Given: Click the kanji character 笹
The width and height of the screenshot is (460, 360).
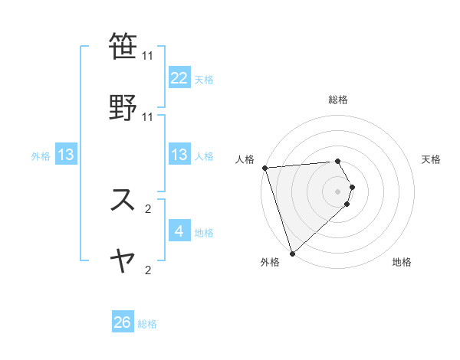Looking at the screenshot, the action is click(x=123, y=45).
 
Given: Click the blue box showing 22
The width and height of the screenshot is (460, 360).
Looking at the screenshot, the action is click(x=179, y=77).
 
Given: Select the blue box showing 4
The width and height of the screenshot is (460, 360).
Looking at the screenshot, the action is click(x=179, y=231).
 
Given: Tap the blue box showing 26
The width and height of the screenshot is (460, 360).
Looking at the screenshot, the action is click(x=123, y=322).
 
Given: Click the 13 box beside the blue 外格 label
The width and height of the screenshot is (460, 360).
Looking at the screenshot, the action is click(x=66, y=155).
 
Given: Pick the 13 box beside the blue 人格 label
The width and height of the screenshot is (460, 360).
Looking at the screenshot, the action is click(x=179, y=155).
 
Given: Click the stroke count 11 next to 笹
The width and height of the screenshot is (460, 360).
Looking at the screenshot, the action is click(x=148, y=56).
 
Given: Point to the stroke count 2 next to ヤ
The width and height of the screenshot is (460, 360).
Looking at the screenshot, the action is click(x=148, y=270).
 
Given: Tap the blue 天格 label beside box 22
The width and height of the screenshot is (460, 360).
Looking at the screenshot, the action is click(x=204, y=79).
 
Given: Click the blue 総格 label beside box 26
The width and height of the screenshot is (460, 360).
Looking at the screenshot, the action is click(x=147, y=324).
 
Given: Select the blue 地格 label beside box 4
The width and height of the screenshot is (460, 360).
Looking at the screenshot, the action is click(x=204, y=232).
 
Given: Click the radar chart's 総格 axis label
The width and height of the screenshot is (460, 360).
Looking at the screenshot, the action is click(x=338, y=100).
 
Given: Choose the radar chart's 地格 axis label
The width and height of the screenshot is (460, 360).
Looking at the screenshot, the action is click(x=402, y=262).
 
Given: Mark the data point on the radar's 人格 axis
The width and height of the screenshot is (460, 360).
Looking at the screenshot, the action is click(x=264, y=168).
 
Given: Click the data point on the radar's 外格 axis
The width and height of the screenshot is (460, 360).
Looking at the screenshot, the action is click(x=292, y=253).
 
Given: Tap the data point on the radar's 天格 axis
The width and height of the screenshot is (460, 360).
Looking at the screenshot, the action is click(x=352, y=187).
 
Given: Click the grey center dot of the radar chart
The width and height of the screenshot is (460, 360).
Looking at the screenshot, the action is click(x=338, y=191).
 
